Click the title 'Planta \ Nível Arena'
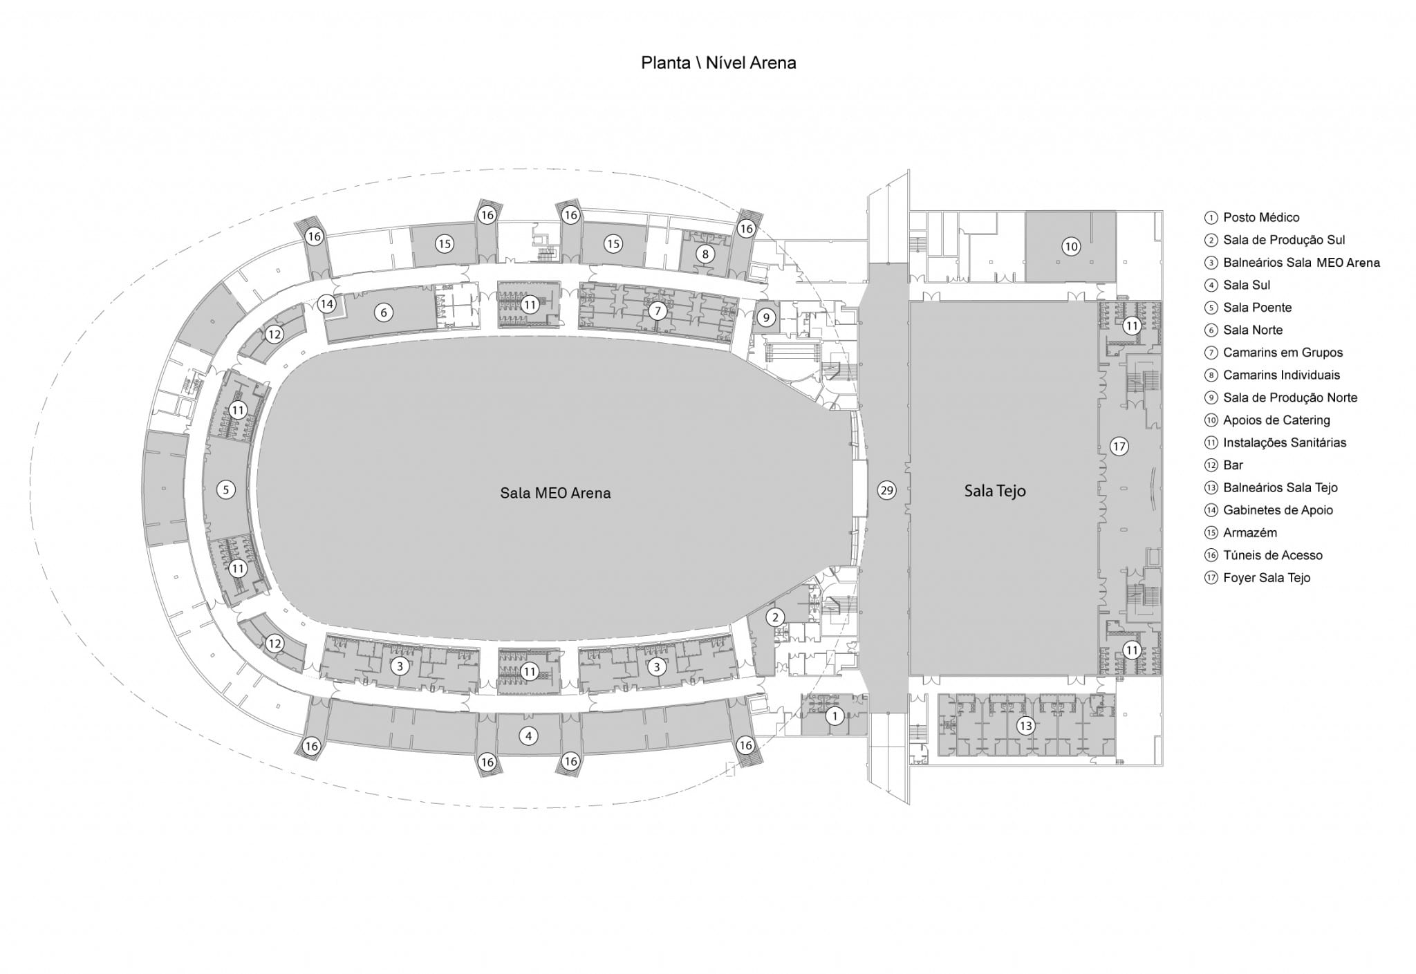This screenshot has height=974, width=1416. coord(718,63)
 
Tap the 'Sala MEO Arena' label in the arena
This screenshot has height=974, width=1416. coord(555,493)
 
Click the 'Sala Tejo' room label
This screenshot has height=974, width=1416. coord(995,491)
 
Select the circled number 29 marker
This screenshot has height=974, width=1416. coord(886,490)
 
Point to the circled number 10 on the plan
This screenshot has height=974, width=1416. coord(1071,246)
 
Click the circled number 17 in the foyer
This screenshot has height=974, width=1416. coord(1119,447)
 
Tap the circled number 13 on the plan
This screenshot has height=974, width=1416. coord(1025,726)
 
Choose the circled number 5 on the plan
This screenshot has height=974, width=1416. coord(225,489)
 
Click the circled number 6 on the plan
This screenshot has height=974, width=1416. coord(384,312)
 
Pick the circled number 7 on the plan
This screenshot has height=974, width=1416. coord(658,311)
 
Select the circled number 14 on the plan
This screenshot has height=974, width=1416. coord(326,303)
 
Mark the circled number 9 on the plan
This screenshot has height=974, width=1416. coord(766,318)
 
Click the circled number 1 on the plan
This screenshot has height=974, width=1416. coord(835,716)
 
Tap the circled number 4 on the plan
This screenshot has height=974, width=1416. coord(529,736)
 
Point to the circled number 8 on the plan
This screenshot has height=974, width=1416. coord(705,254)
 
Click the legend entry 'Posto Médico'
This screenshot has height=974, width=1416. coord(1261,218)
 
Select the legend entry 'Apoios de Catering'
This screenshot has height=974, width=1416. coord(1276,420)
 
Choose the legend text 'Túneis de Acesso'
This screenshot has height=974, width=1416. coord(1272,555)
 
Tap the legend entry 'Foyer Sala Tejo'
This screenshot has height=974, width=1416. coord(1267,578)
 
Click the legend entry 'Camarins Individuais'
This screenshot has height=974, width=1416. coord(1281,375)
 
